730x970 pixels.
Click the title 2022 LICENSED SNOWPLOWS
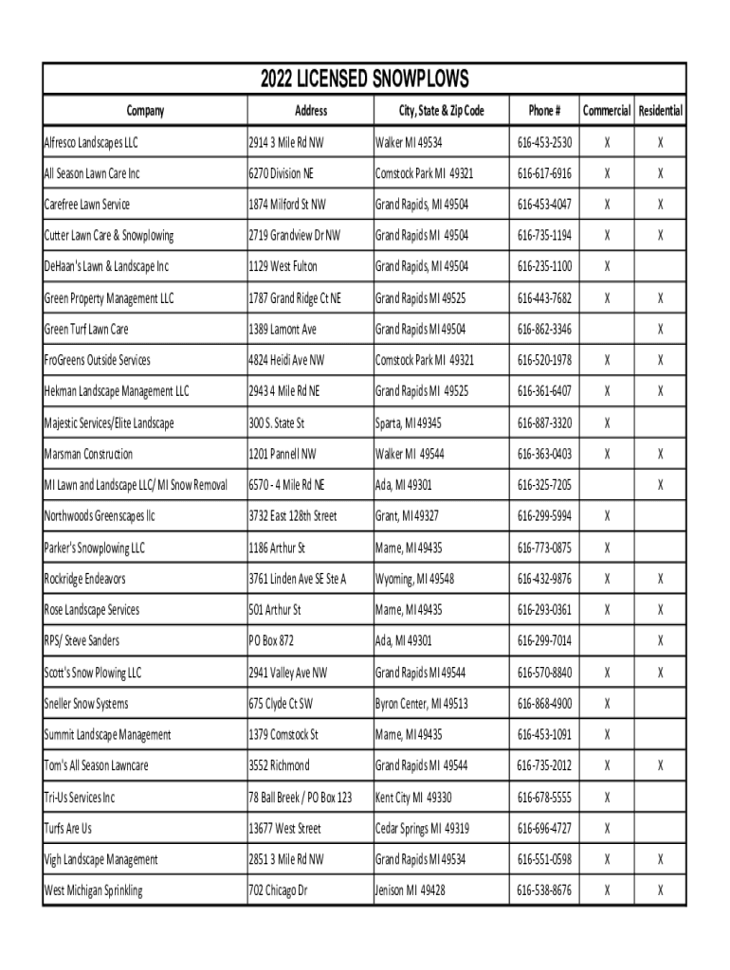coord(365,79)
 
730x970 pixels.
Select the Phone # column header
coord(544,111)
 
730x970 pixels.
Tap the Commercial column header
coord(607,111)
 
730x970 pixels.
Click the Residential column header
coord(661,111)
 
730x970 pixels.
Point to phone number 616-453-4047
coord(544,205)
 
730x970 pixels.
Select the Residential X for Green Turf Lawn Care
coord(661,330)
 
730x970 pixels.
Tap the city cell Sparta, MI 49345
coord(409,422)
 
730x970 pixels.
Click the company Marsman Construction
coord(88,454)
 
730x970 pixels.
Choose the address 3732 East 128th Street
coord(293,516)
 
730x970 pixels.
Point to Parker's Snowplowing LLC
coord(94,548)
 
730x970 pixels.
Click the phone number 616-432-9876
coord(544,579)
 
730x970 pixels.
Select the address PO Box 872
coord(271,641)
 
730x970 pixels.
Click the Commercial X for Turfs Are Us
coord(608,829)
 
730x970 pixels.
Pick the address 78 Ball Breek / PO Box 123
coord(300,798)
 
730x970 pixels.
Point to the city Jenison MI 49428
coord(411,890)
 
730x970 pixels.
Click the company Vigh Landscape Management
coord(100,860)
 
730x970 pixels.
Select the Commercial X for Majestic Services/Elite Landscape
coord(608,422)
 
